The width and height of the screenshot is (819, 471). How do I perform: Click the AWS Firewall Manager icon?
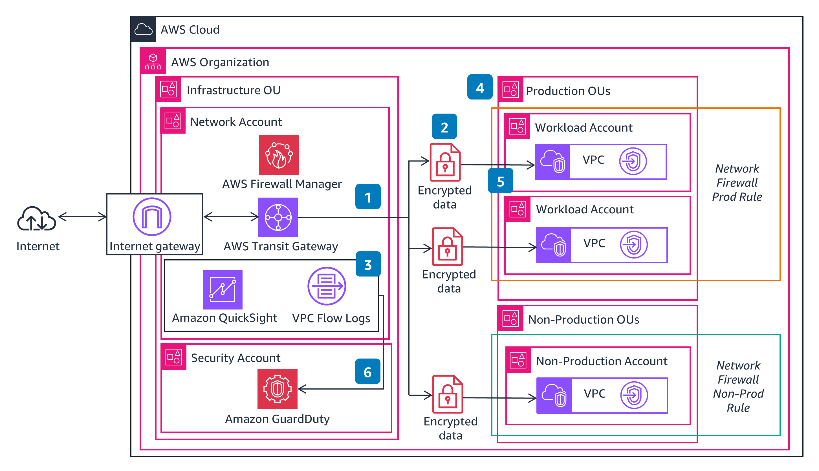point(279,155)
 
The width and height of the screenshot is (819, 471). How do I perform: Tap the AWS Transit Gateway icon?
point(278,217)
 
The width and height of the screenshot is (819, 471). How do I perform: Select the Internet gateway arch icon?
point(152,216)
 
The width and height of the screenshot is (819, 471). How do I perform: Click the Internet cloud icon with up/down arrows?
point(37,219)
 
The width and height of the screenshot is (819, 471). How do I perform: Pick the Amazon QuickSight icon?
point(222,289)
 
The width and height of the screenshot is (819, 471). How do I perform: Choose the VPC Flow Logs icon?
point(327,286)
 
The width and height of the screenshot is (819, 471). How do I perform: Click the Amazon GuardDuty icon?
point(277,389)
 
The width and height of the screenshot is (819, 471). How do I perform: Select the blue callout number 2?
point(444,127)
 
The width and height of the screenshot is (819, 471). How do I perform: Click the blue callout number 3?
point(368,264)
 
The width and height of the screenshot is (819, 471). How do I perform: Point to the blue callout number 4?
point(479,87)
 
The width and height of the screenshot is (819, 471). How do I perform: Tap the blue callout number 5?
point(500,181)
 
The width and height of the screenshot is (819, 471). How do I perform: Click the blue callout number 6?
point(367,372)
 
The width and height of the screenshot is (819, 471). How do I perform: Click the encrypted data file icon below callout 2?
point(445,162)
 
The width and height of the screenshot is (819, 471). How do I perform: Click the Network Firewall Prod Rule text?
point(737,182)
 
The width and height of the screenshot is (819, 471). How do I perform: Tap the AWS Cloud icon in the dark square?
point(143,29)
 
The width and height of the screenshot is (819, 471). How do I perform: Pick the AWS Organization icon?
point(153,61)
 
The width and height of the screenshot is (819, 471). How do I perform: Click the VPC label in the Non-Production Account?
point(595,393)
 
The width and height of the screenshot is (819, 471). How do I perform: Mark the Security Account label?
point(235,358)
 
